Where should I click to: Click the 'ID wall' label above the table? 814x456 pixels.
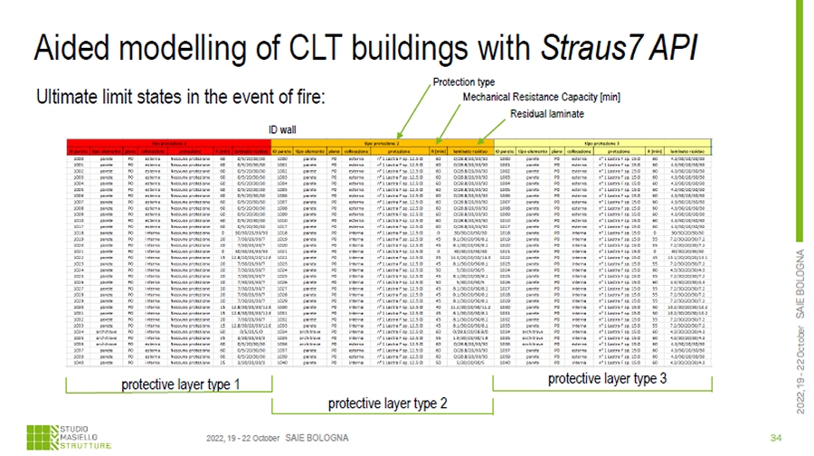click(283, 128)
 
